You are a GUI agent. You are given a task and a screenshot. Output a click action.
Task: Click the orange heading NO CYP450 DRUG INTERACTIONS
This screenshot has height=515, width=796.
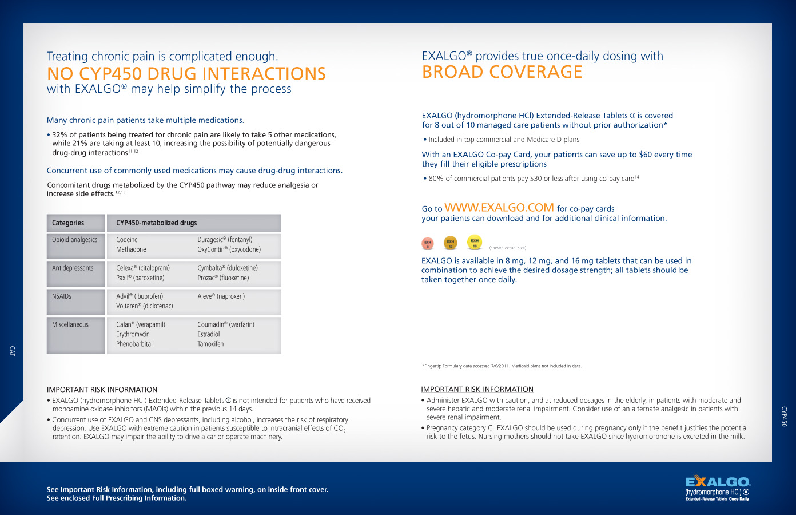click(x=186, y=74)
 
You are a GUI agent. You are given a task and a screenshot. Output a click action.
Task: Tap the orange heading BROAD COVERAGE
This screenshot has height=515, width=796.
click(x=502, y=72)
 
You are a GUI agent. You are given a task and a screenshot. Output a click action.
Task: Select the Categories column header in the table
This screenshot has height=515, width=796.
click(x=68, y=223)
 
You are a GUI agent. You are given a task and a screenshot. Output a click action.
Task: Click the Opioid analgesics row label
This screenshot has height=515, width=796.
click(x=75, y=240)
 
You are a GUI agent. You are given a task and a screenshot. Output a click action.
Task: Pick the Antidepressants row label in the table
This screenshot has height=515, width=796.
click(x=73, y=268)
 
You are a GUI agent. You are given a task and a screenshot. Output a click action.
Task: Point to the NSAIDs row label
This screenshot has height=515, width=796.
click(x=62, y=296)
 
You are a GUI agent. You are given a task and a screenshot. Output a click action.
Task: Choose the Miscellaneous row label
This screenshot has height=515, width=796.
click(x=70, y=324)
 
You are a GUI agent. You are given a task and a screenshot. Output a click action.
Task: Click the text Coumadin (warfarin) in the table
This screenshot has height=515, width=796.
click(x=226, y=324)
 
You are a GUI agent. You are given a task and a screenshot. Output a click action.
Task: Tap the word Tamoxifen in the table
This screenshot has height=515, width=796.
click(x=210, y=344)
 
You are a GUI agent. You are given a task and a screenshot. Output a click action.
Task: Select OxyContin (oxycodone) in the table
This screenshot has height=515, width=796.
click(x=229, y=249)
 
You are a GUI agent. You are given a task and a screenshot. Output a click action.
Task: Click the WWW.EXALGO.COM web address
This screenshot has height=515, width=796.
click(x=499, y=208)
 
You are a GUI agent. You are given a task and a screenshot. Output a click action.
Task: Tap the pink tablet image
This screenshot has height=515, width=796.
click(x=427, y=244)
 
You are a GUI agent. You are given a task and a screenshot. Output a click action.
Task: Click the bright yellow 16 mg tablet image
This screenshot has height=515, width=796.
click(x=475, y=242)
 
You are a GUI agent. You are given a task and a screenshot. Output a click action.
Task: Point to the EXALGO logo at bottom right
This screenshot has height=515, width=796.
click(x=717, y=488)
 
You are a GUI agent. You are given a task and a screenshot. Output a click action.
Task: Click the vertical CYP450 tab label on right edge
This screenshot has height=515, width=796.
click(x=784, y=417)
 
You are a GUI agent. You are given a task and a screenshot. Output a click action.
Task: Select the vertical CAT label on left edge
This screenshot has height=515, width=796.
click(x=12, y=351)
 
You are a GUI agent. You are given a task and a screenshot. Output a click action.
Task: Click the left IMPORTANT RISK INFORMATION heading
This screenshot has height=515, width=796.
click(x=102, y=390)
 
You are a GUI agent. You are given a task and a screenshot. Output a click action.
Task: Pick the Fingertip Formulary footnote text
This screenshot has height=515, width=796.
click(x=502, y=366)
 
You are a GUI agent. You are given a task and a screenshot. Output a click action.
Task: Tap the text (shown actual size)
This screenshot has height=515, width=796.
click(x=507, y=248)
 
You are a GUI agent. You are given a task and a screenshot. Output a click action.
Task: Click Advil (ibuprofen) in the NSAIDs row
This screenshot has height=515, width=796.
click(x=140, y=296)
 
